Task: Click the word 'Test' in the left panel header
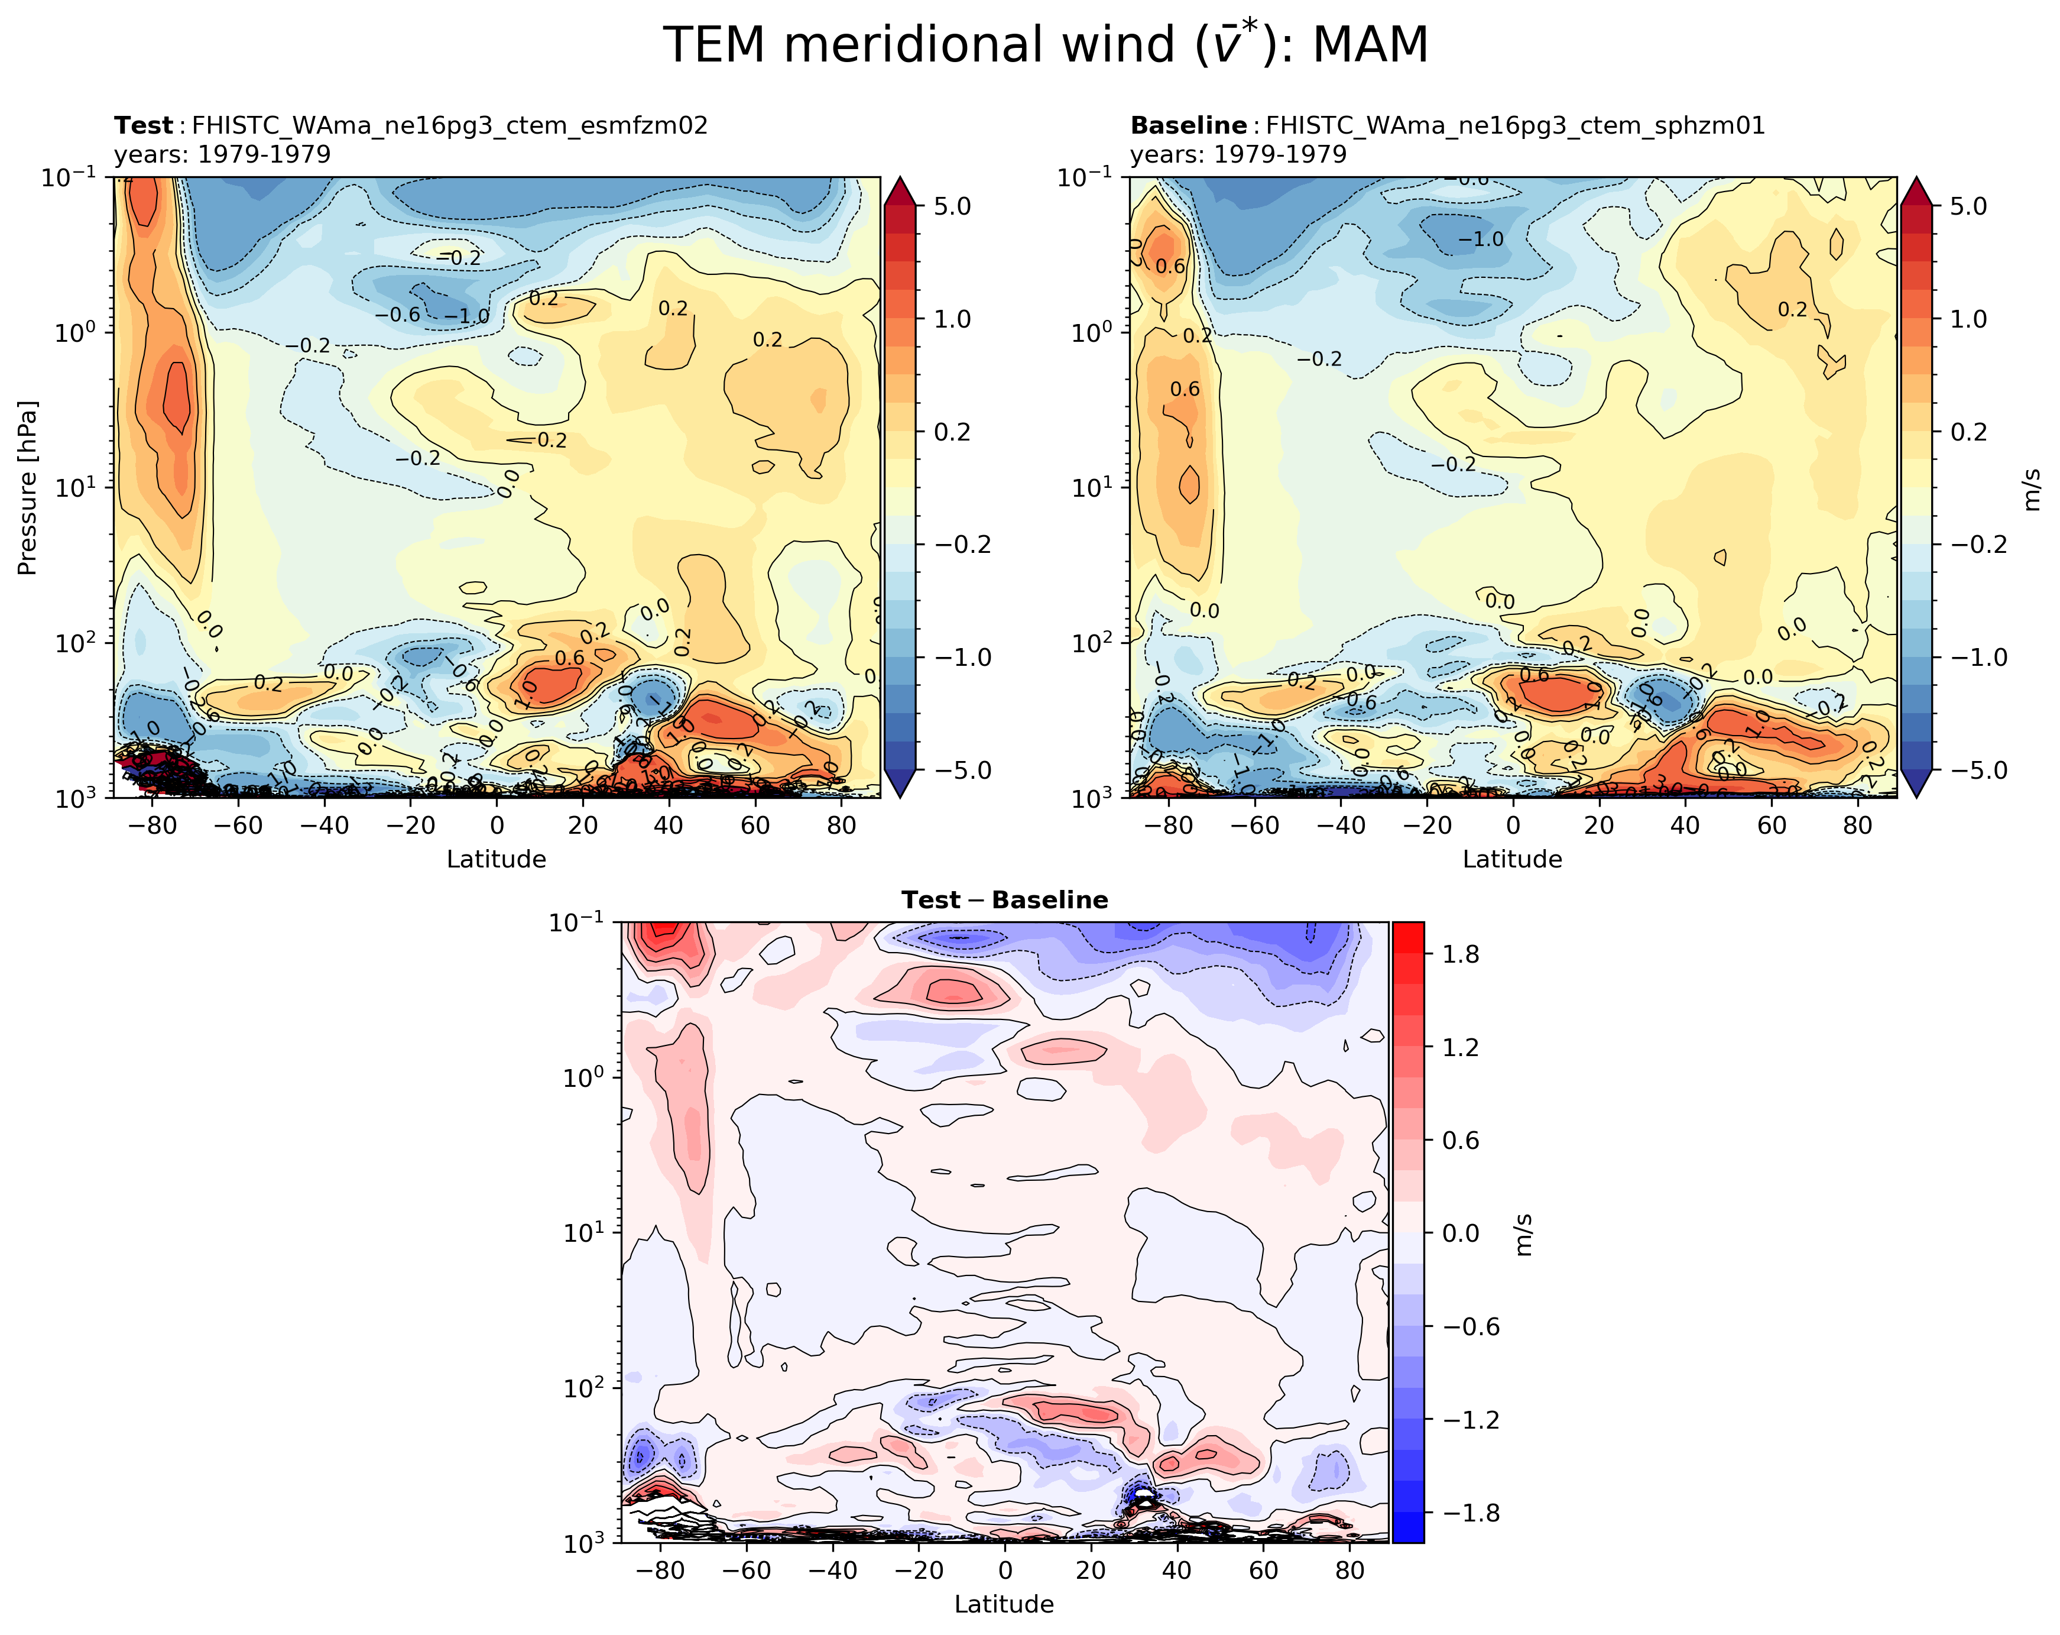pos(143,125)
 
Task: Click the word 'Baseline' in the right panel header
pos(1188,125)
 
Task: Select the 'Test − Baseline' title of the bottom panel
pos(1004,900)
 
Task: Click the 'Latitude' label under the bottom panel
pos(1004,1604)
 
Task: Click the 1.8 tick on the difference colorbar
pos(1460,954)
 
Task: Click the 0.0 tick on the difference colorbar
pos(1460,1233)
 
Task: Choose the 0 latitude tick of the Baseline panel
pos(1513,825)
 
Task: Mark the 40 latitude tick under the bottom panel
pos(1177,1571)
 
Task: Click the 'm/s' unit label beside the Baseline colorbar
pos(2032,487)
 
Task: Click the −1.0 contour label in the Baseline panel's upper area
pos(1481,239)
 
